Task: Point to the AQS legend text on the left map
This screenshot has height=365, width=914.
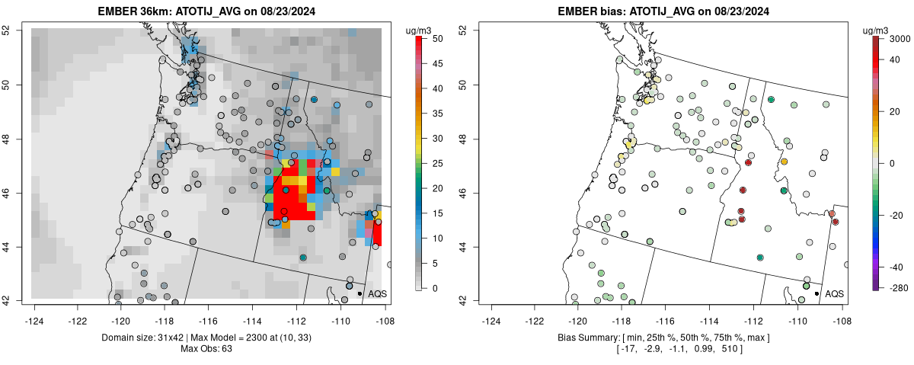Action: (377, 293)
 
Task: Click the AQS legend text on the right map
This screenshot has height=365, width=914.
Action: (834, 293)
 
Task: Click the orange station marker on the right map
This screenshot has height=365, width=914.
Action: (784, 162)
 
